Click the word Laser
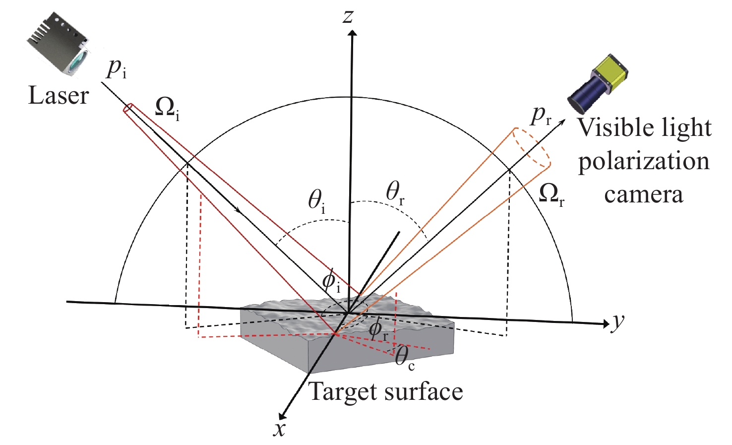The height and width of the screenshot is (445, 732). click(59, 95)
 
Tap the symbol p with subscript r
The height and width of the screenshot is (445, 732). click(541, 116)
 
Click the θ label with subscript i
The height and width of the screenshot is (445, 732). click(317, 201)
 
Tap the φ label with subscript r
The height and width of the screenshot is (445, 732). click(378, 329)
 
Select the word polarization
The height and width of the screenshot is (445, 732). click(644, 161)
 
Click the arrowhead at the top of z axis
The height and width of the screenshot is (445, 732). click(352, 33)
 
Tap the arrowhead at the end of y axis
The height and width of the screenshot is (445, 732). click(606, 323)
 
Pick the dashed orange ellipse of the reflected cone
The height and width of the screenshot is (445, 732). click(532, 147)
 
